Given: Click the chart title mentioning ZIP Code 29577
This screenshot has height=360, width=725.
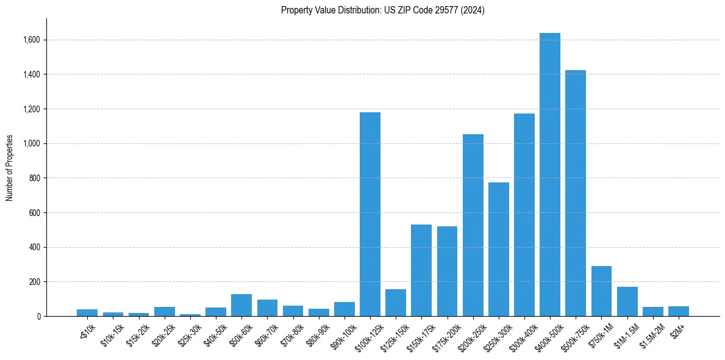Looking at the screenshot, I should point(382,10).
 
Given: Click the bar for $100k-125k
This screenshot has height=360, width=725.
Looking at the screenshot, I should point(370,214).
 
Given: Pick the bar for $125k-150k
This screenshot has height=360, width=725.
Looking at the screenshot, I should point(396,303).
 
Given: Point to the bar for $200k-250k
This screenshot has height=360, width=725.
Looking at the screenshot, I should point(473,225).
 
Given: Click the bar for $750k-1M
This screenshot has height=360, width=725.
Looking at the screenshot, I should point(601,291).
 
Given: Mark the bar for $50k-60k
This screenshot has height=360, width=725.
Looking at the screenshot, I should point(241,305).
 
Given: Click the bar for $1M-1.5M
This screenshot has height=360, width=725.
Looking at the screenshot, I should point(627,301).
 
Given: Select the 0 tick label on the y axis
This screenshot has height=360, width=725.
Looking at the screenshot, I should point(38,317).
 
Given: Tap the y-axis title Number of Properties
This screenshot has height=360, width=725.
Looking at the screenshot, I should point(10,167).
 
